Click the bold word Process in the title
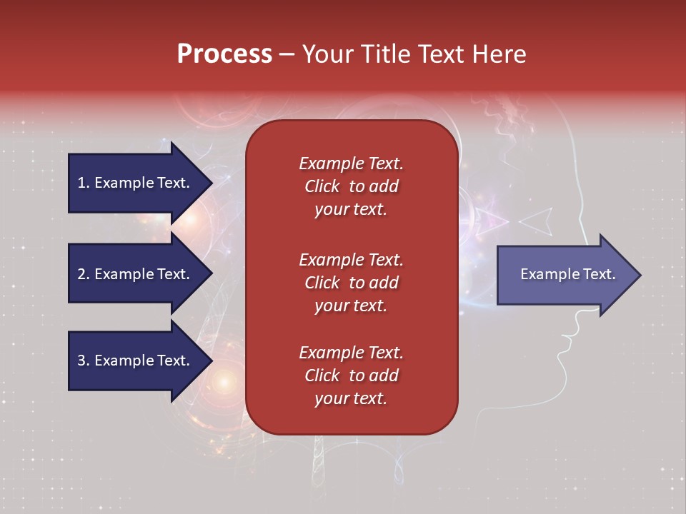[x=224, y=54]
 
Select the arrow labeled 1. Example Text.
[x=134, y=183]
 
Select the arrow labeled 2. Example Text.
[x=134, y=274]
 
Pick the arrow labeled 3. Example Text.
[x=134, y=361]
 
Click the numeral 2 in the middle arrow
[x=81, y=274]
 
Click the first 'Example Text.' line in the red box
[x=351, y=163]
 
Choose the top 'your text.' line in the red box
[x=351, y=209]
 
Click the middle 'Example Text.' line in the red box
[x=351, y=259]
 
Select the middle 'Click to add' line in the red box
[x=351, y=283]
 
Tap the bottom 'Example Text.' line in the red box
[x=351, y=353]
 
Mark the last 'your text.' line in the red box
[x=351, y=398]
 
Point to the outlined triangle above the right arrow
[x=537, y=221]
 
